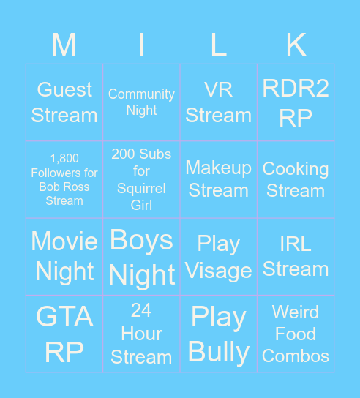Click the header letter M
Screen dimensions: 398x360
pos(64,45)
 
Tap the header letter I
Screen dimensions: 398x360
pos(141,45)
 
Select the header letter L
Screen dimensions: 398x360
pos(218,45)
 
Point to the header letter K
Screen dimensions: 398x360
pos(296,45)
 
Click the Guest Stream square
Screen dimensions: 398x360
pos(64,102)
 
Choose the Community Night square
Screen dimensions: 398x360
pos(141,102)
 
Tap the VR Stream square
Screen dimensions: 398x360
pos(218,102)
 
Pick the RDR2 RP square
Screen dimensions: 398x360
pos(296,102)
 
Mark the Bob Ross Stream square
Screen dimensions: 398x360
pos(64,179)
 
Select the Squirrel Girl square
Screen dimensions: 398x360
pos(141,179)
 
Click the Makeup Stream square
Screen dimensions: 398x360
pos(218,179)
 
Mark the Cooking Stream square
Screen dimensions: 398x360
pos(296,179)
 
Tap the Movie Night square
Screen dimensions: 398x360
pos(64,256)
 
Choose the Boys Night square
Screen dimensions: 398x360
pos(141,257)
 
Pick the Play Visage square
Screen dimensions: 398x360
pos(218,257)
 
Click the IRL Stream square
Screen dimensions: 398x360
pos(296,257)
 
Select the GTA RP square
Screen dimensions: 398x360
pos(64,334)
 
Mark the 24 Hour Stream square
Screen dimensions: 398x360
pos(141,334)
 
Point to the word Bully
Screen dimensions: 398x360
pos(219,352)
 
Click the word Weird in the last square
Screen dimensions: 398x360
pos(296,312)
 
